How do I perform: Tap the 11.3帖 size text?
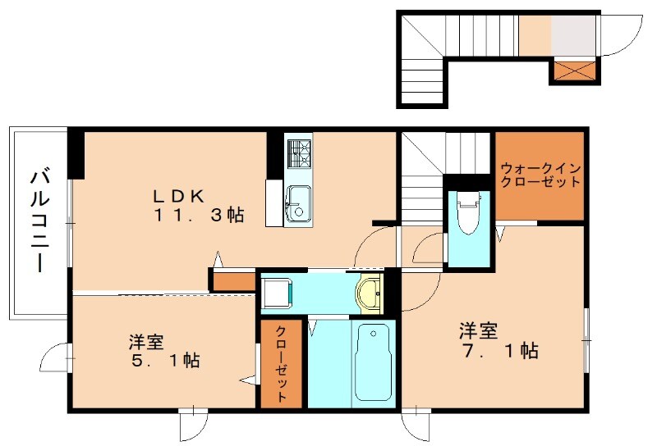196,216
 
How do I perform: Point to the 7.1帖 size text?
498,352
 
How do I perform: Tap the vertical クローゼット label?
282,365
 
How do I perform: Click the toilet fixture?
468,212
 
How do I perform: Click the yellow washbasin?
370,293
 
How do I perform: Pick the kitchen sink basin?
296,201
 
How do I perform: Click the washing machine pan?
278,293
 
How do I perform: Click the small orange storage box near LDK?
233,280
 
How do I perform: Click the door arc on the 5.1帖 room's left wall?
55,358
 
